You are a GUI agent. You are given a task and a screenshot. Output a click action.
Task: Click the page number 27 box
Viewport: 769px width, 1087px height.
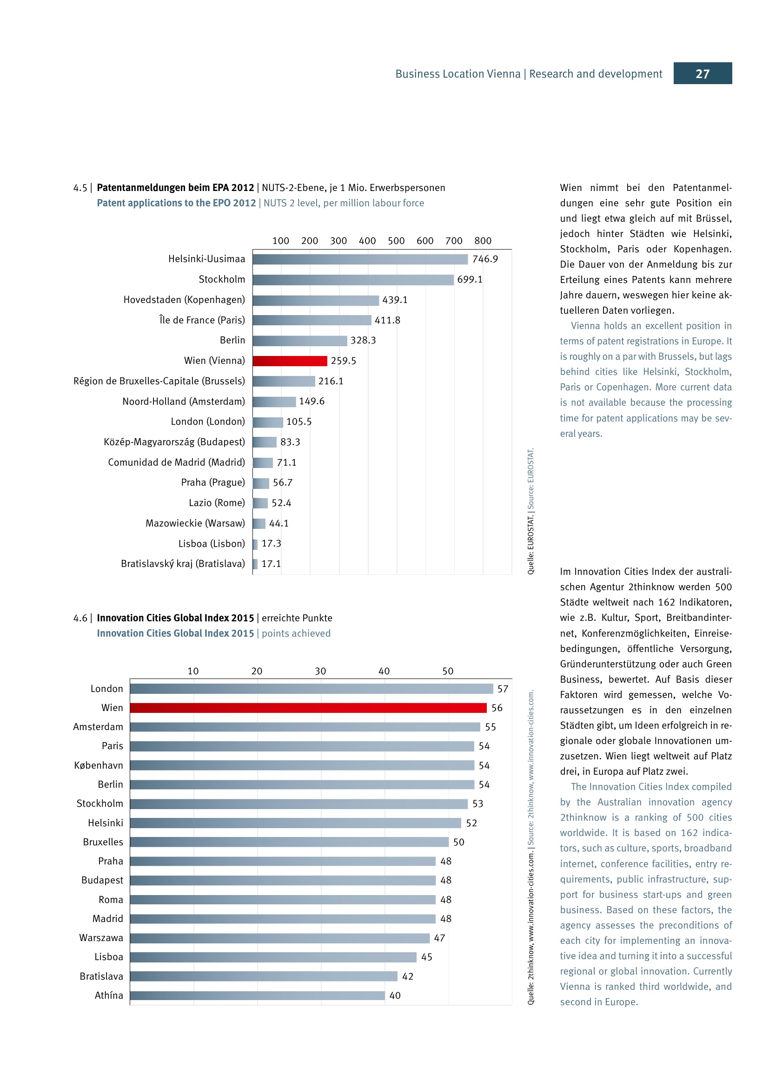point(702,73)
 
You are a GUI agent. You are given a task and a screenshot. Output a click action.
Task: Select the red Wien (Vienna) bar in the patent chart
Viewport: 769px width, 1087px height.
point(290,361)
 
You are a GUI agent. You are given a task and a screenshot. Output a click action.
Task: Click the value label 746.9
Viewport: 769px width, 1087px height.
point(485,259)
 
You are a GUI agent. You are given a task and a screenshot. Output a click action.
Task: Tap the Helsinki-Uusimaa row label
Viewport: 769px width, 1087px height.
point(206,259)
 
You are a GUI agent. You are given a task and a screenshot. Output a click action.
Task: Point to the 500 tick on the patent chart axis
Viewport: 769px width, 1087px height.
point(396,241)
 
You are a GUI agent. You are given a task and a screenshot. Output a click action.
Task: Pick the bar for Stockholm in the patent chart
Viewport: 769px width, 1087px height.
point(353,280)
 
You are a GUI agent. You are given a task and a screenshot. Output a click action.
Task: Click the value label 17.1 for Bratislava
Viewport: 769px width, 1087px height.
point(271,564)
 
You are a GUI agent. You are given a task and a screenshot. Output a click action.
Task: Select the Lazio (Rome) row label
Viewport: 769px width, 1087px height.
point(217,503)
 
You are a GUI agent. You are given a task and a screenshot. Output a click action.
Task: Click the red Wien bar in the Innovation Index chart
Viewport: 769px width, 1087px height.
point(308,708)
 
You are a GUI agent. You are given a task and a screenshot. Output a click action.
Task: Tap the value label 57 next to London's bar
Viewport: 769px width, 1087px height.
point(503,689)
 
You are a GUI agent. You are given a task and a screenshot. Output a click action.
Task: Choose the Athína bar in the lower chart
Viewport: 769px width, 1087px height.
point(257,995)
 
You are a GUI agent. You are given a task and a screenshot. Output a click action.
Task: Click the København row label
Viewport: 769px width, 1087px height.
point(99,765)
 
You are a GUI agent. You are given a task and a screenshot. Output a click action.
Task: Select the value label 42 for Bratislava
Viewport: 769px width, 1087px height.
point(407,976)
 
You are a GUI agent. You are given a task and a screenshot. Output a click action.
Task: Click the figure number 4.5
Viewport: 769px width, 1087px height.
point(80,188)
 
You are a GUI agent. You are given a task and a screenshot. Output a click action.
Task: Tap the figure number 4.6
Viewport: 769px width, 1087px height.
point(80,618)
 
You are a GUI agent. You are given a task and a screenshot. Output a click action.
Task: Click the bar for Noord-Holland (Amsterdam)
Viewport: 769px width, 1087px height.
point(274,402)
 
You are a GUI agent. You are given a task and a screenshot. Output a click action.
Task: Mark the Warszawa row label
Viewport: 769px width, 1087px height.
point(101,938)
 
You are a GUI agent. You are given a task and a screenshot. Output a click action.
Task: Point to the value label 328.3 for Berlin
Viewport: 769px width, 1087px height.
point(363,340)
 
